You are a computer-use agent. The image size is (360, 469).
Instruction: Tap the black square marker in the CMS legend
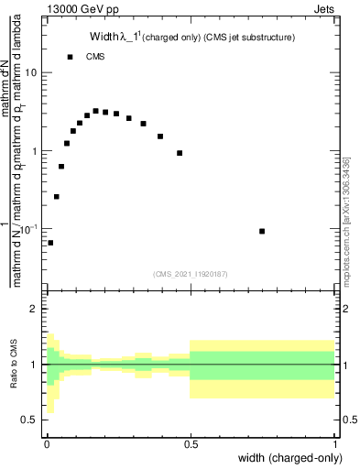tap(70, 57)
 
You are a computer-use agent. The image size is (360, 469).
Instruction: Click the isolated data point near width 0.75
tap(262, 231)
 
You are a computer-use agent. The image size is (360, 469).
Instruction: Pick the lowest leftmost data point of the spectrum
tap(50, 243)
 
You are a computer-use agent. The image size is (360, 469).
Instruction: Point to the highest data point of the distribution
tap(95, 111)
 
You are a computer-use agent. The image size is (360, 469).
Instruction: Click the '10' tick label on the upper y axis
tap(31, 72)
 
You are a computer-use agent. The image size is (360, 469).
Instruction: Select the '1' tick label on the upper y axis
tap(34, 150)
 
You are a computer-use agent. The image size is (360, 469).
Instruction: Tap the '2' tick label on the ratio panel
tap(34, 310)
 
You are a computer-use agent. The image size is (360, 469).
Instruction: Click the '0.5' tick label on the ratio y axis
tap(29, 420)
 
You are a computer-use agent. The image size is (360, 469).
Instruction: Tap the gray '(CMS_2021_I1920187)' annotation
tap(191, 273)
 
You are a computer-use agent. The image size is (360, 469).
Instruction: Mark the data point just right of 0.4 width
tap(180, 153)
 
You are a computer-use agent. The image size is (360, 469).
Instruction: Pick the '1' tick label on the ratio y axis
tap(34, 365)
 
